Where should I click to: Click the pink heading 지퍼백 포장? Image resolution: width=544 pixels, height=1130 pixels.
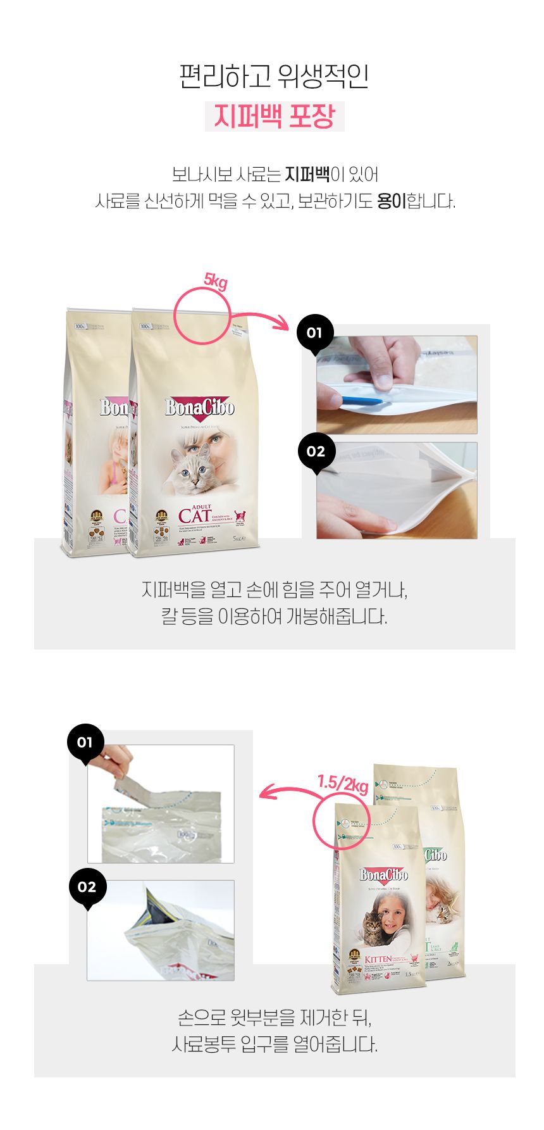[x=274, y=116]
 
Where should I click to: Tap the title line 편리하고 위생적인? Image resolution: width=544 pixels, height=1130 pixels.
[x=274, y=77]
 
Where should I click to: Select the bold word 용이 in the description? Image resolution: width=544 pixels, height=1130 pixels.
[x=391, y=202]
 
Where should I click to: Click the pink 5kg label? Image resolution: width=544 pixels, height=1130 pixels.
[x=215, y=280]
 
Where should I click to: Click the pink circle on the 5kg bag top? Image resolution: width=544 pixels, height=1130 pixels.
[x=202, y=316]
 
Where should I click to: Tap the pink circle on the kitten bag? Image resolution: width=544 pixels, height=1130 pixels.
[x=342, y=820]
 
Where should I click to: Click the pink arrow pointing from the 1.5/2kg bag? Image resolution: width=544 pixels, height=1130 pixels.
[x=288, y=791]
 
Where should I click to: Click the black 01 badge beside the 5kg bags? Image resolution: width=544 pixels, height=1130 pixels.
[x=314, y=333]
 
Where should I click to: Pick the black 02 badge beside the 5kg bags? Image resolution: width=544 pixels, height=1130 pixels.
[x=315, y=452]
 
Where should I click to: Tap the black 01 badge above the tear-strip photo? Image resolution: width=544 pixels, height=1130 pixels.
[x=85, y=743]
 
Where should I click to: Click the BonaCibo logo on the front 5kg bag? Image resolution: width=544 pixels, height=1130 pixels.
[x=199, y=408]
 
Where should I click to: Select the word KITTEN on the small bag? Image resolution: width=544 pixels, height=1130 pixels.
[x=378, y=960]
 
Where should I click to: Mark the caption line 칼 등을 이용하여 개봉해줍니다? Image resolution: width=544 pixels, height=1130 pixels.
[x=274, y=617]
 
